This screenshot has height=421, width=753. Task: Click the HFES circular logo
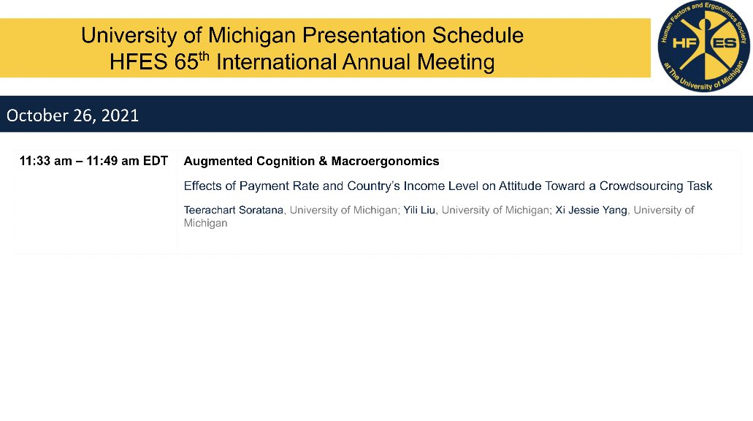pyautogui.click(x=703, y=46)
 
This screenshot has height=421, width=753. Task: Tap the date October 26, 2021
pyautogui.click(x=72, y=115)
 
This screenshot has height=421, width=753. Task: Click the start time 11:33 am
pyautogui.click(x=46, y=161)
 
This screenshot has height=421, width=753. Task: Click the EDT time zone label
pyautogui.click(x=156, y=161)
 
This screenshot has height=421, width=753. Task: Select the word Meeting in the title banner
pyautogui.click(x=456, y=62)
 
